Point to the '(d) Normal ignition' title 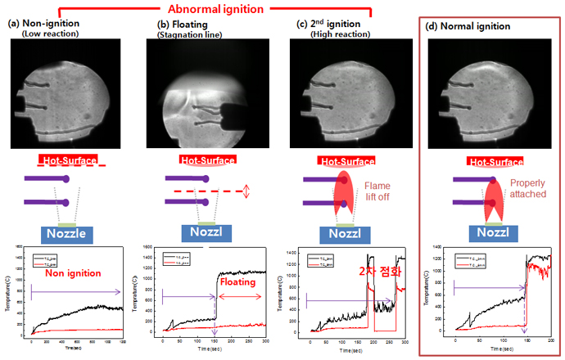point(472,25)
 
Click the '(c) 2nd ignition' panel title point(331,25)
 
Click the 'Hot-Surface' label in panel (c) point(333,162)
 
